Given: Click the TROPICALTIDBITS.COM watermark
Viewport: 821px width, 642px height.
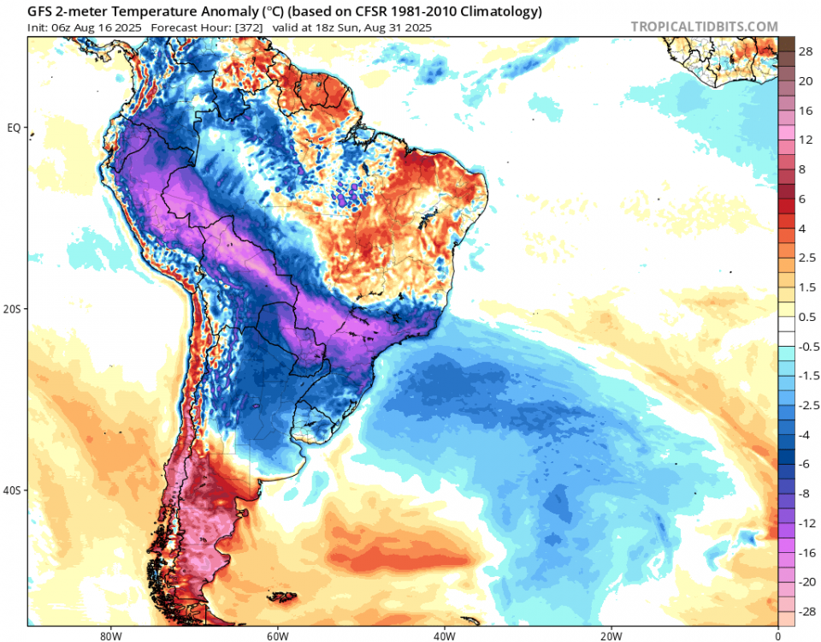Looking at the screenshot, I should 704,27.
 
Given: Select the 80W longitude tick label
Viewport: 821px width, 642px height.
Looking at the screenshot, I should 108,635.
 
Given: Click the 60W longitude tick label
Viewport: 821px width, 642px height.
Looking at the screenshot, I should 275,635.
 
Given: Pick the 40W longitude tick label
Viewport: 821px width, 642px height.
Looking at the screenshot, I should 443,635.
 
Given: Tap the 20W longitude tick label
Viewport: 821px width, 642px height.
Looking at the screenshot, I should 610,635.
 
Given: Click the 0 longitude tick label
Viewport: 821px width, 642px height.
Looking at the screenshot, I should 777,635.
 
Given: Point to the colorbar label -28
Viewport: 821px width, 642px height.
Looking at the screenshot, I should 805,614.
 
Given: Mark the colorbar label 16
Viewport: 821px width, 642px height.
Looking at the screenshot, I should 805,111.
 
